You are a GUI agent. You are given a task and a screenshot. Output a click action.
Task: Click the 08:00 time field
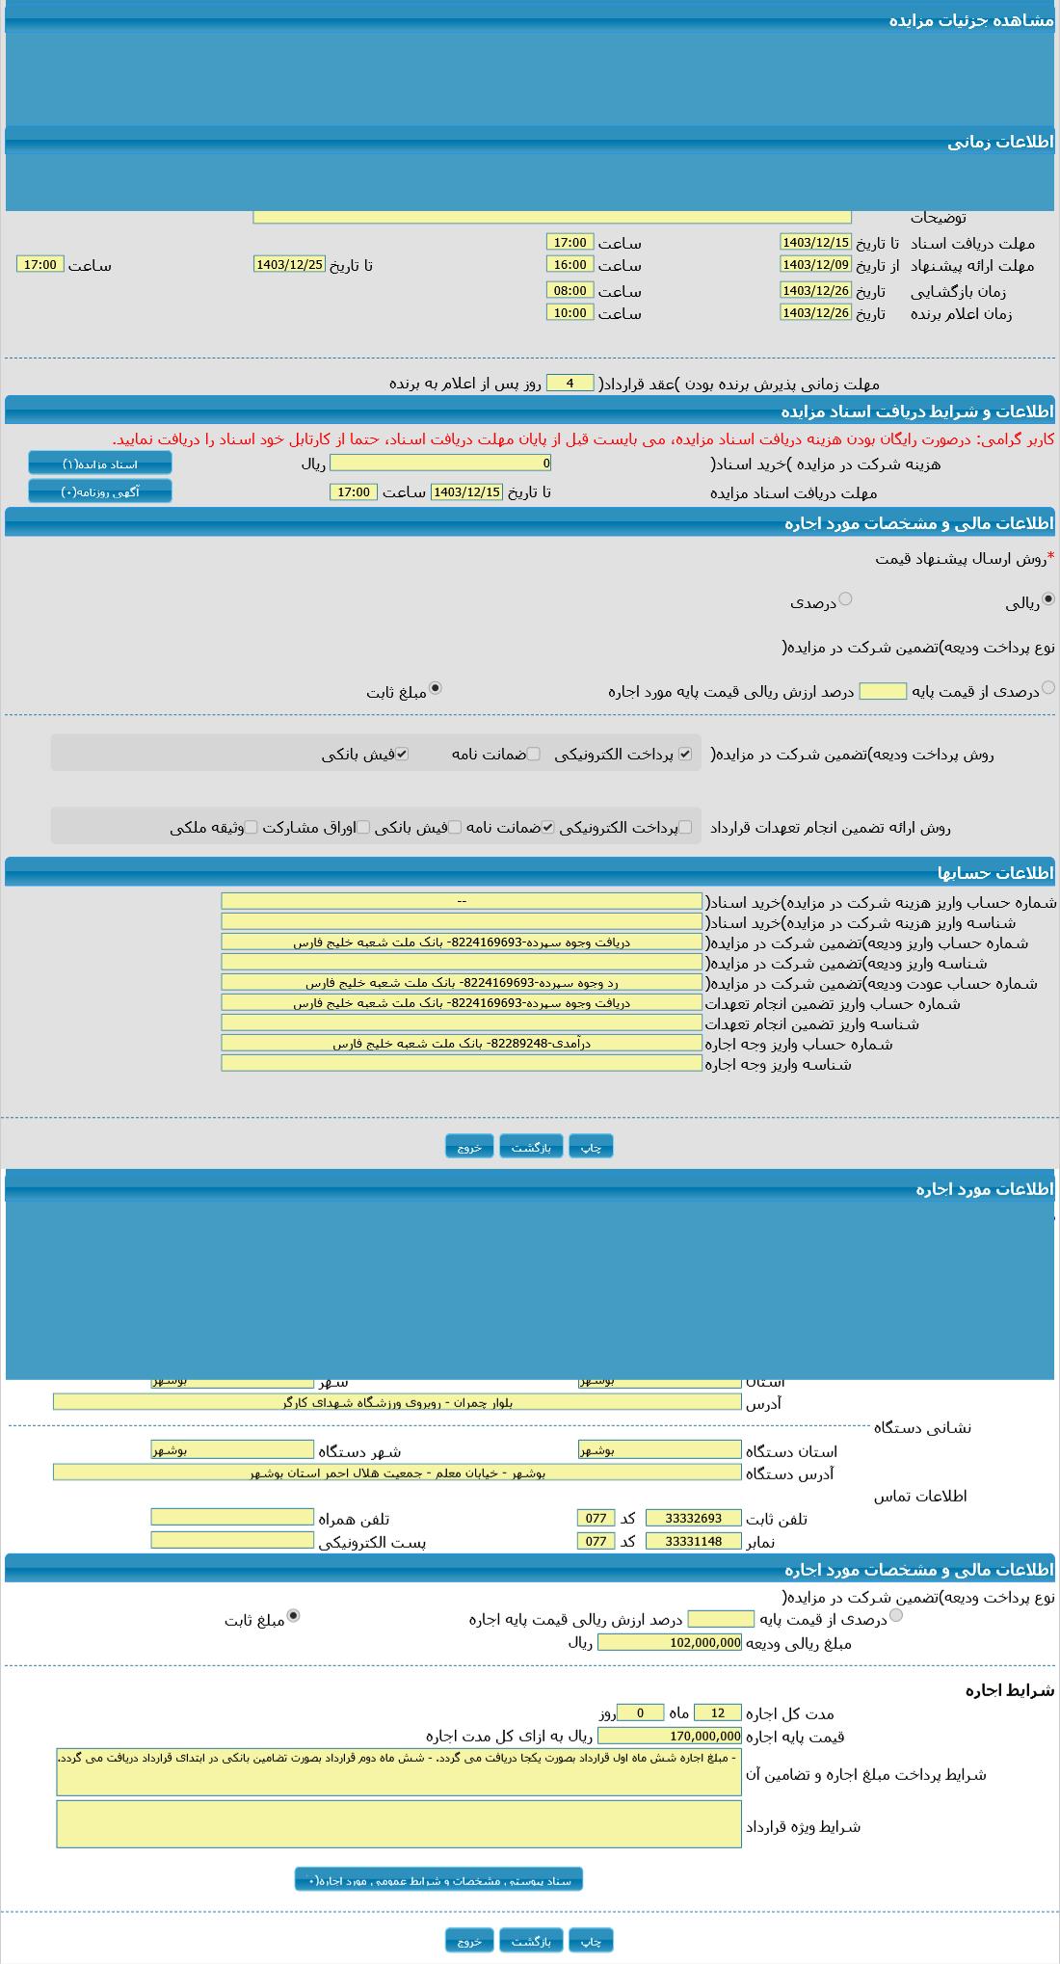click(570, 290)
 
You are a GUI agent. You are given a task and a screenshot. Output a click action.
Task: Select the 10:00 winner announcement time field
click(570, 312)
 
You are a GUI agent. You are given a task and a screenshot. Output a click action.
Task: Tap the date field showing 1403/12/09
click(815, 264)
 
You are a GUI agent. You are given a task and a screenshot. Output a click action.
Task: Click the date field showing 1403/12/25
click(289, 264)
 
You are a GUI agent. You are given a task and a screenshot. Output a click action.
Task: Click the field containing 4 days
click(570, 383)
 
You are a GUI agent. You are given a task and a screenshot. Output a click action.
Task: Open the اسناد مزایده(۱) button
click(100, 464)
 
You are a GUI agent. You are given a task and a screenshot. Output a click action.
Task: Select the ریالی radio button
click(1048, 599)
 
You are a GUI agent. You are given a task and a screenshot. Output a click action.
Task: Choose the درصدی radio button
click(845, 599)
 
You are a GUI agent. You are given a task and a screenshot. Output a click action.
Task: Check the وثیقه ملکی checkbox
click(251, 827)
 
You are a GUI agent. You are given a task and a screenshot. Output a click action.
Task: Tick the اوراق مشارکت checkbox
click(363, 827)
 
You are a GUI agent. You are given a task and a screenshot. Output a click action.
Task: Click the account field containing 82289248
click(462, 1043)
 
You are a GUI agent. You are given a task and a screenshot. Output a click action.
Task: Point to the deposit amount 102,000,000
click(670, 1642)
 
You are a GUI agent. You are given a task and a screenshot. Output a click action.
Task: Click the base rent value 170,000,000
click(670, 1736)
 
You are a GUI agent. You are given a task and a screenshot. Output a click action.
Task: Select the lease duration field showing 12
click(717, 1712)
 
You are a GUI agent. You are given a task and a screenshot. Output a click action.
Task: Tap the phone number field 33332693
click(693, 1518)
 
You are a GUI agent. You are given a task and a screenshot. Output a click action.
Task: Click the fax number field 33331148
click(693, 1541)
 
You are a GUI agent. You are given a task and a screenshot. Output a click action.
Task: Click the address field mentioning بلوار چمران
click(397, 1402)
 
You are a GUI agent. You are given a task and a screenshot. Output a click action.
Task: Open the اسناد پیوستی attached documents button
click(438, 1879)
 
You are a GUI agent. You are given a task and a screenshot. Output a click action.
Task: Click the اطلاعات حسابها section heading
click(995, 873)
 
